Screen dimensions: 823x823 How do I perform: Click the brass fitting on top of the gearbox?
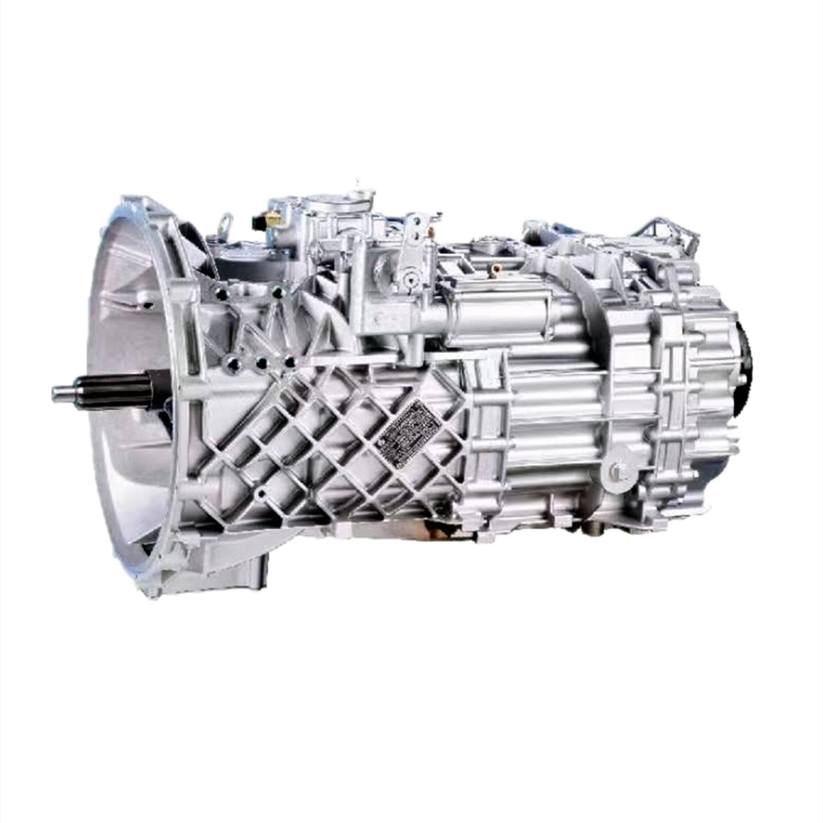tap(272, 220)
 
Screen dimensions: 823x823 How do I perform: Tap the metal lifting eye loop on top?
tap(226, 225)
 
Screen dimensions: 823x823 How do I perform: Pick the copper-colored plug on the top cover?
tap(497, 269)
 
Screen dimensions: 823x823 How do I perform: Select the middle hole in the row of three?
tap(261, 363)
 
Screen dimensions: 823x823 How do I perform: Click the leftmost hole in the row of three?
tap(233, 365)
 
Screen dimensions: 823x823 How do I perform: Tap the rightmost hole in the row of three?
tap(289, 361)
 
